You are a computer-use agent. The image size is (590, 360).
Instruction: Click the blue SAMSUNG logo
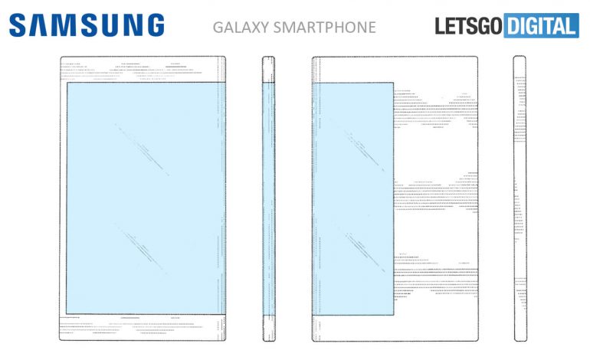[87, 25]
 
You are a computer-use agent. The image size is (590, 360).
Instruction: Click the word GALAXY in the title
[241, 28]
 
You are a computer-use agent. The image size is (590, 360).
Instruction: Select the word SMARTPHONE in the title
[324, 28]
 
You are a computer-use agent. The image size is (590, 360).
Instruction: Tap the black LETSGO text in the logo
[468, 26]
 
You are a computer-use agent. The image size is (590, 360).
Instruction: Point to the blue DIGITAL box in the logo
[541, 25]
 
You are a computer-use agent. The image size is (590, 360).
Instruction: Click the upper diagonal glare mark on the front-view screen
[142, 149]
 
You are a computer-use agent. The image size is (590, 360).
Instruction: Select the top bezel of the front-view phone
[143, 69]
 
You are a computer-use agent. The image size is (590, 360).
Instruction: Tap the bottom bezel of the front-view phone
[143, 327]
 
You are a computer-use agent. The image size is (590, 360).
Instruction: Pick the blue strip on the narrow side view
[269, 198]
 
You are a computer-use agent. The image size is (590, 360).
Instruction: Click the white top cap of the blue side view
[269, 69]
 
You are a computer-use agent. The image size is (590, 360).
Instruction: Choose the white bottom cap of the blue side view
[269, 328]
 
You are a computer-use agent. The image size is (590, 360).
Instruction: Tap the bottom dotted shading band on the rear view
[436, 277]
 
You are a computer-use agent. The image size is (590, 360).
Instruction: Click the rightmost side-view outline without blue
[520, 198]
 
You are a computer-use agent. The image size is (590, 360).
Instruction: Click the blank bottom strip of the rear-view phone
[395, 328]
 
